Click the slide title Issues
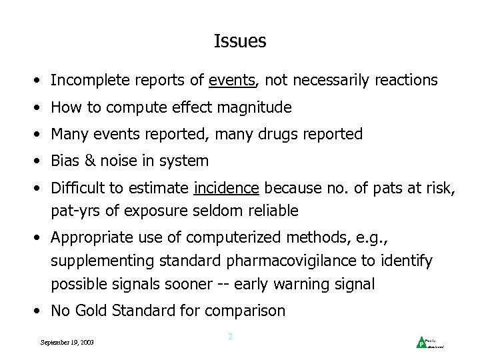[x=240, y=41]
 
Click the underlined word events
[x=232, y=81]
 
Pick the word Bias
[x=65, y=161]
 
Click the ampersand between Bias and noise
[x=91, y=161]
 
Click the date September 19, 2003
[x=67, y=342]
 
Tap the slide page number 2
[x=230, y=337]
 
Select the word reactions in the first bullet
[x=403, y=81]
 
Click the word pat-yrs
[x=75, y=212]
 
